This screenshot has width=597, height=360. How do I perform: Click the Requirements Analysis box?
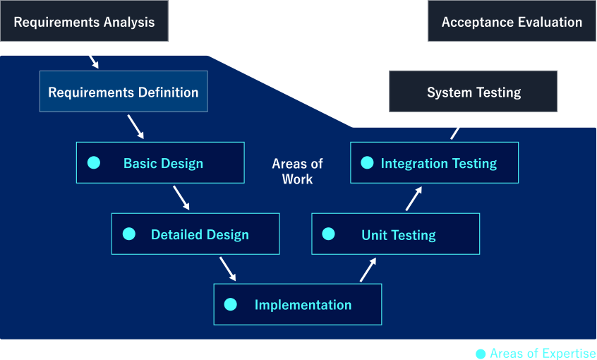coord(84,21)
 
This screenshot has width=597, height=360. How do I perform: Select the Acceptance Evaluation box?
coord(512,21)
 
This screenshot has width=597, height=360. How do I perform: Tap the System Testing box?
coord(473,92)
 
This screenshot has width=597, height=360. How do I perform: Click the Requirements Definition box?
coord(123,92)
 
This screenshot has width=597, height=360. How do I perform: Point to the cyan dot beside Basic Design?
coord(94,162)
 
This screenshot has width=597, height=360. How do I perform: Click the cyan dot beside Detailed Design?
coord(129,234)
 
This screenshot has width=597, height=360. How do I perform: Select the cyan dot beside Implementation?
coord(230,304)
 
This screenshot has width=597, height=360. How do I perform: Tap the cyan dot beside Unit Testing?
coord(328,234)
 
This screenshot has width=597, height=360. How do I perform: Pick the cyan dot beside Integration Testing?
coord(367,162)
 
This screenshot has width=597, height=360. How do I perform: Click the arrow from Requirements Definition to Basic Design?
coord(135,127)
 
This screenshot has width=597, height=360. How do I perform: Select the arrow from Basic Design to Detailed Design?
coord(181,198)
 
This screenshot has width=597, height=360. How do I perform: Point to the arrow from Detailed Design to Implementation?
coord(228,269)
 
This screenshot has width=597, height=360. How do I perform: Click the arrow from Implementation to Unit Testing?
coord(368,270)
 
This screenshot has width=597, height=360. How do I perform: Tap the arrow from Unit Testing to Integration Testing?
coord(414,198)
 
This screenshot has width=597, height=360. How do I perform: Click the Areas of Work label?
coord(297,172)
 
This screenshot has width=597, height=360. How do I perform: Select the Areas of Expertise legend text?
coord(543,354)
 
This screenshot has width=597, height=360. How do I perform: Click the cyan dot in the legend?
coord(481,354)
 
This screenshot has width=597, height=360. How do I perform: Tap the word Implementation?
coord(303,305)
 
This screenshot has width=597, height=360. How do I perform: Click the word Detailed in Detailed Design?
coord(177,234)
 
